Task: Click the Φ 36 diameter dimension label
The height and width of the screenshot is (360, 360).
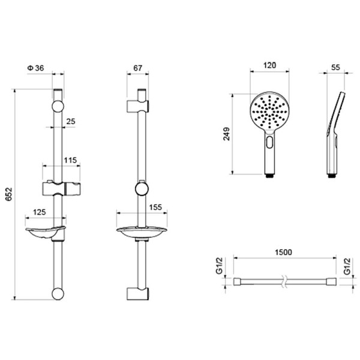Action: pyautogui.click(x=35, y=68)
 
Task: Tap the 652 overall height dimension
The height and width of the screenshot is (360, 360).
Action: pyautogui.click(x=9, y=194)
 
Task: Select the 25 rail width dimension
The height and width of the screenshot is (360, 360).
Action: pyautogui.click(x=71, y=121)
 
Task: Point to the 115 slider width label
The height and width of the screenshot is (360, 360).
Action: pyautogui.click(x=70, y=160)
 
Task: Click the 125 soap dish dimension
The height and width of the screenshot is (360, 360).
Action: pyautogui.click(x=40, y=212)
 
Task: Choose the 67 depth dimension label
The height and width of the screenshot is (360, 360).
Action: pyautogui.click(x=138, y=68)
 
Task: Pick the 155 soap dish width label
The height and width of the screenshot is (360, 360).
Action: pyautogui.click(x=155, y=207)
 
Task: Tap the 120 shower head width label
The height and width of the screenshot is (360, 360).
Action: pyautogui.click(x=269, y=65)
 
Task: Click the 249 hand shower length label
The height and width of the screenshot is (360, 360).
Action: pyautogui.click(x=227, y=134)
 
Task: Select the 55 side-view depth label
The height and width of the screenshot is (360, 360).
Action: pyautogui.click(x=335, y=67)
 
